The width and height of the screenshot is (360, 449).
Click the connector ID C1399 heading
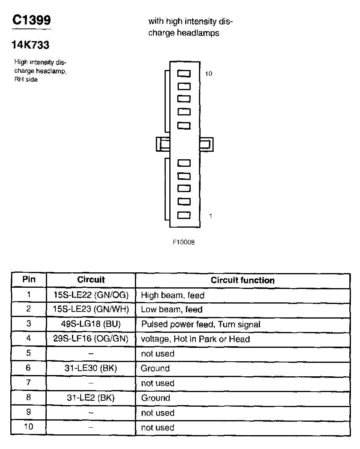[x=31, y=20]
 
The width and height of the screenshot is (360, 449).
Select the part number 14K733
[x=31, y=45]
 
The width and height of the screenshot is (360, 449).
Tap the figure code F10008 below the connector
[x=183, y=242]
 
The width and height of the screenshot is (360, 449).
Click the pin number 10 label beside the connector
[x=209, y=74]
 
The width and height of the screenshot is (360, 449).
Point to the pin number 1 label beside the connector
[x=210, y=216]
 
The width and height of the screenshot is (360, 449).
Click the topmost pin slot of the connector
[x=184, y=74]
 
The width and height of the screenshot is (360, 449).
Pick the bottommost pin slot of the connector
[x=184, y=215]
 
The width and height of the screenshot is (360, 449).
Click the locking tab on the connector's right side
[x=207, y=144]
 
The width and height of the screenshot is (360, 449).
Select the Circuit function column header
[x=243, y=280]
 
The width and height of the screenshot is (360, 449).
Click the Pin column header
[x=28, y=280]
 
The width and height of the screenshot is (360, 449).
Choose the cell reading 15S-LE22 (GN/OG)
[x=91, y=295]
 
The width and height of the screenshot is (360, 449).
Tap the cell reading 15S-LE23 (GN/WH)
[x=91, y=309]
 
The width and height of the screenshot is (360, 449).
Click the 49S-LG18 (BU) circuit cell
[x=91, y=324]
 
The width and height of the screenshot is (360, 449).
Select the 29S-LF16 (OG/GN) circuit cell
[x=91, y=339]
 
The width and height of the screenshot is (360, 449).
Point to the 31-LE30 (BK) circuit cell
[x=91, y=368]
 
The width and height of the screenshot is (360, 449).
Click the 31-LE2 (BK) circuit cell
[x=91, y=398]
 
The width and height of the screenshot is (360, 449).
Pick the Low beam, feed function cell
[x=172, y=309]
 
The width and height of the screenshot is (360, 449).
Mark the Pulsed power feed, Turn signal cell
[x=201, y=324]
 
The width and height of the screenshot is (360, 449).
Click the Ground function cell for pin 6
[x=155, y=368]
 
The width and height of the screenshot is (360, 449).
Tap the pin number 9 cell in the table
[x=28, y=412]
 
